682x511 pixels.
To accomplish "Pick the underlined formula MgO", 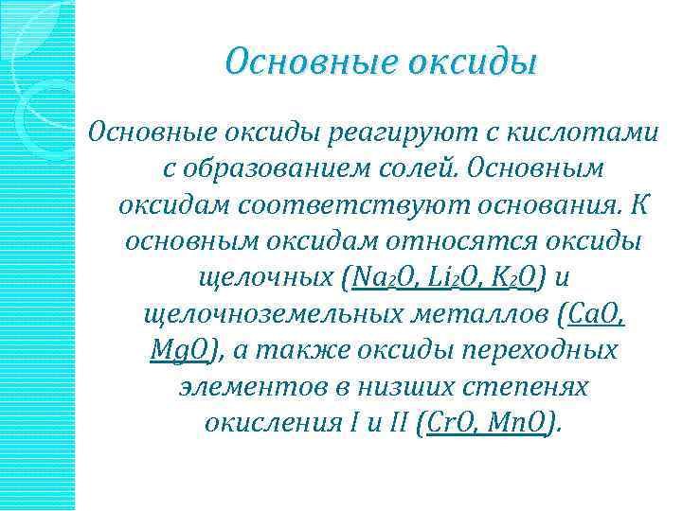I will tap(182, 349).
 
